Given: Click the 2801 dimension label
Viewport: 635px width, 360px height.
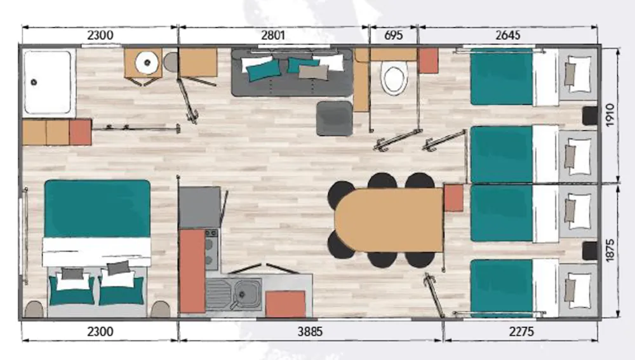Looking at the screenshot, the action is [273, 35].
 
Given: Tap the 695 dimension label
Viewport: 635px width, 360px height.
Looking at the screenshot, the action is [393, 35].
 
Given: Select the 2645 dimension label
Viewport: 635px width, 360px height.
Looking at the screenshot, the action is [508, 35].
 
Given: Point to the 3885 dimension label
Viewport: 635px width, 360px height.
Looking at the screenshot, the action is [311, 331].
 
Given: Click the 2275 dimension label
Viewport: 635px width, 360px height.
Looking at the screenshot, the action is [521, 331].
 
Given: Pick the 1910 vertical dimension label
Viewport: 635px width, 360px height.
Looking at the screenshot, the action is [610, 115].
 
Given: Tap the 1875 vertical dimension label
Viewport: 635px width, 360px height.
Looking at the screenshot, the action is [610, 250].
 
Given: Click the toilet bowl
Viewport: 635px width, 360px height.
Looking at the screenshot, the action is [394, 78].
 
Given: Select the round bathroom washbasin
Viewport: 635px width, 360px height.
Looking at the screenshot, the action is [147, 62].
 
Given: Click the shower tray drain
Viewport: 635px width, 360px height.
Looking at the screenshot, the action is [34, 82].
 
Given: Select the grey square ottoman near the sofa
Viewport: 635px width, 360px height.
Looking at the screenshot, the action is [335, 118].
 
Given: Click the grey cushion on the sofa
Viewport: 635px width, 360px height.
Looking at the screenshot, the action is [313, 72].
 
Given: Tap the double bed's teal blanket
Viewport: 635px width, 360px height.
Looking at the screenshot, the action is [97, 208].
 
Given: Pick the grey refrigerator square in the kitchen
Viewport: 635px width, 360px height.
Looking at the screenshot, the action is [200, 208].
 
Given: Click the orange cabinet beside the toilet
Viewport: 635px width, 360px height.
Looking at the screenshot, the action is [428, 61].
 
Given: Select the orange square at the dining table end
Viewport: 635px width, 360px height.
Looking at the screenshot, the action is [453, 197].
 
